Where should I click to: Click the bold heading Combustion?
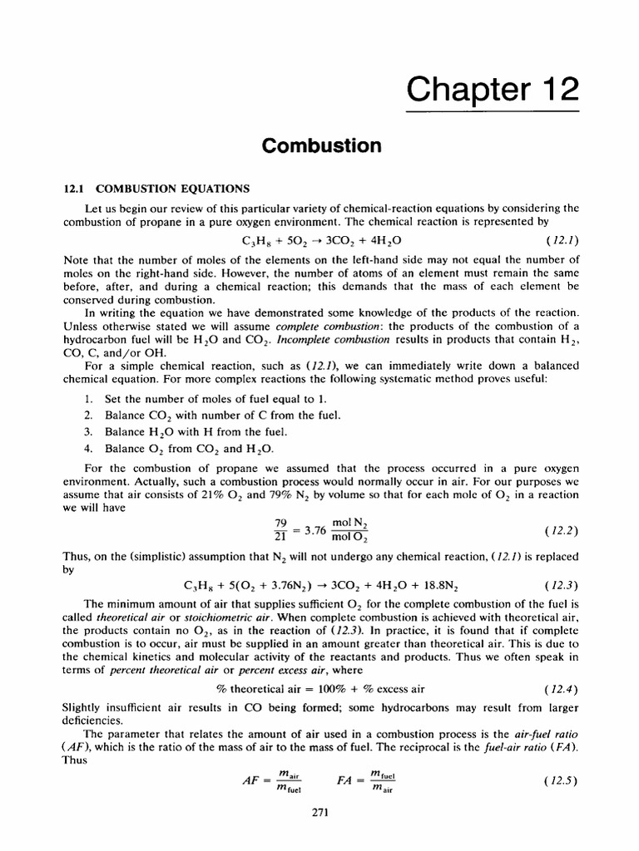(321, 145)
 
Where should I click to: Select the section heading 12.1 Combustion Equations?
(152, 189)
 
